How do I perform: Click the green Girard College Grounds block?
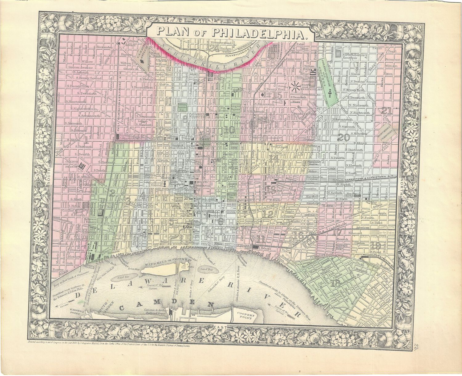(x=328, y=81)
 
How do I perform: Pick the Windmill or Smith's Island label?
(x=167, y=262)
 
